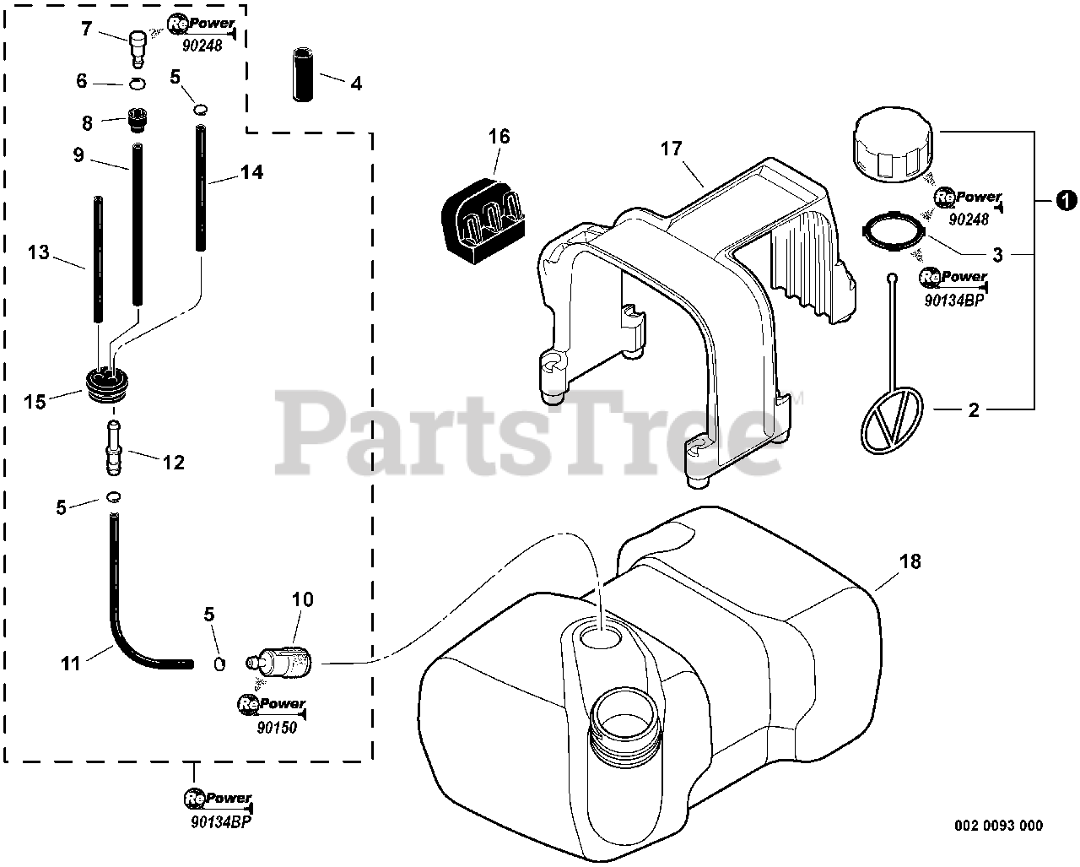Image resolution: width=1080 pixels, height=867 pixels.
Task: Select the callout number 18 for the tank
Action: tap(910, 561)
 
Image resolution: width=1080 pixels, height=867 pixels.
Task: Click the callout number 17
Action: tap(671, 149)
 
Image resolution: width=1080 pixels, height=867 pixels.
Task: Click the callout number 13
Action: tap(39, 252)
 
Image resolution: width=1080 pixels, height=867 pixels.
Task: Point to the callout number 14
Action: tap(251, 172)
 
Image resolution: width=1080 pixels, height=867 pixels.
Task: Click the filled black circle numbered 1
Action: tap(1066, 200)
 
